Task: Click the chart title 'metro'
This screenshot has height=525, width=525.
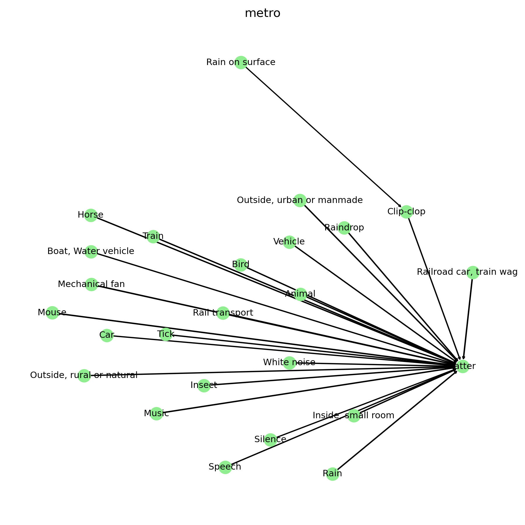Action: coord(262,13)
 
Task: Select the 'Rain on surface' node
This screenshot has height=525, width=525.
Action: coord(241,62)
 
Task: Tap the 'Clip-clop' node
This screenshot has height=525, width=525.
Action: coord(406,212)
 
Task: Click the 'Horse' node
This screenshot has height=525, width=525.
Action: coord(91,215)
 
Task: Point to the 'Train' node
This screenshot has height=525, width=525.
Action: coord(153,236)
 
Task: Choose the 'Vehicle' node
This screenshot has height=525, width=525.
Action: coord(289,242)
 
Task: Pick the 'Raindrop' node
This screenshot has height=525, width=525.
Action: coord(344,228)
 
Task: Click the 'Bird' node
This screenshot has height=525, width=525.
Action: coord(241,265)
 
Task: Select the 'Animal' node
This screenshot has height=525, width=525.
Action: coord(300,294)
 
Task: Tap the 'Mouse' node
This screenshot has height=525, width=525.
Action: coord(52,313)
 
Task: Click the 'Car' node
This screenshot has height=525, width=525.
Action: coord(107,335)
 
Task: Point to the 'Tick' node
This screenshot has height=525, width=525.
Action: coord(166,334)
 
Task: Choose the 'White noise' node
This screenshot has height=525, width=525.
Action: coord(289,363)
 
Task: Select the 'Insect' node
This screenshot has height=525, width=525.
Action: coord(204,386)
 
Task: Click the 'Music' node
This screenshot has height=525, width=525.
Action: coord(156,414)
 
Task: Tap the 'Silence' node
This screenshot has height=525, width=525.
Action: coord(270,440)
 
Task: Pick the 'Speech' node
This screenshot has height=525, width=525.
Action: coord(225,467)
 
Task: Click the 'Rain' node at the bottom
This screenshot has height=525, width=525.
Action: coord(332,474)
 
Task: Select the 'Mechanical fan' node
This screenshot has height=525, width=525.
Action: coord(91,284)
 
